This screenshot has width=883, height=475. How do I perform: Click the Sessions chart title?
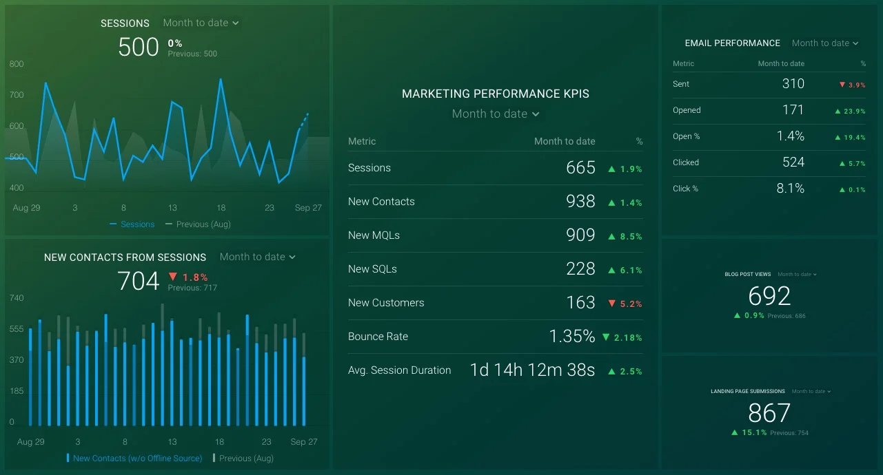pos(125,23)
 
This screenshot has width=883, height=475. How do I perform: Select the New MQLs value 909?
pos(580,235)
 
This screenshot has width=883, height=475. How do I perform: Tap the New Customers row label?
pos(386,303)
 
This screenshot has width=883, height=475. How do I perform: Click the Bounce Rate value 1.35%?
pos(571,337)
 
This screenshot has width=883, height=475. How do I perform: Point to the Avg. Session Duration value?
pos(531,370)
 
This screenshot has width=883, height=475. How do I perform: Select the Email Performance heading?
pos(732,43)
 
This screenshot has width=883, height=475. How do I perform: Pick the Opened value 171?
pos(793,110)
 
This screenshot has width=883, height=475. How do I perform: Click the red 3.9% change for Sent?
pos(852,85)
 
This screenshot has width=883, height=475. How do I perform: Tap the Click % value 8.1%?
pos(790,189)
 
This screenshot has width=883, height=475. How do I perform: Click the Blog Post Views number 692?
pos(769,296)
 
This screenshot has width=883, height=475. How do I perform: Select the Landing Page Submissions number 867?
pos(769,413)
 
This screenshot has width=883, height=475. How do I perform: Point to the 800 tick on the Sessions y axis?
pos(17,64)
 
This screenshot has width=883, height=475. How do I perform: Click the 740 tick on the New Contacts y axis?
pos(17,298)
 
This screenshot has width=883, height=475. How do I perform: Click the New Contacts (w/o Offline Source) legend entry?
pos(137,458)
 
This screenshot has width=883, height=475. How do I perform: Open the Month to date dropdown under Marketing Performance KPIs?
pos(495,114)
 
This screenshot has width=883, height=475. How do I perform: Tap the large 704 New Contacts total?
pos(139,281)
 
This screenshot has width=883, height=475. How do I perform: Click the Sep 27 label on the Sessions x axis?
pos(308,208)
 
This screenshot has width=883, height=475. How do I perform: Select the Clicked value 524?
pos(793,162)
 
